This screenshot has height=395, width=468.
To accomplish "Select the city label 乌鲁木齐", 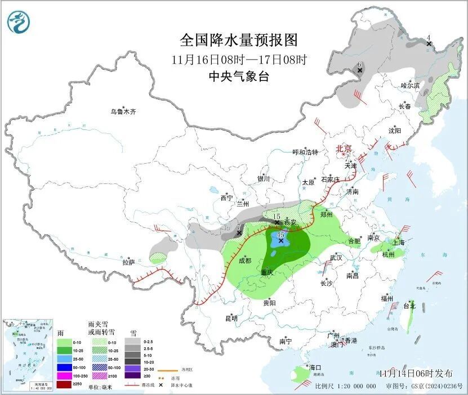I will [x=123, y=111].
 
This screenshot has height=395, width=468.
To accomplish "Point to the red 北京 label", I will [x=344, y=149].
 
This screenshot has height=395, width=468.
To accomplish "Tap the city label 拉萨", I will [x=129, y=262].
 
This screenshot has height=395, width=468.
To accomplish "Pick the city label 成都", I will [x=245, y=261].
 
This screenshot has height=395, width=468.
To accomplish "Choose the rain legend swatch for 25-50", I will [x=65, y=358].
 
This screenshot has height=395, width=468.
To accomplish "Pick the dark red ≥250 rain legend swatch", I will [x=65, y=384].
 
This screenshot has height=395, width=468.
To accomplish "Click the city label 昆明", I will [x=231, y=318].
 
